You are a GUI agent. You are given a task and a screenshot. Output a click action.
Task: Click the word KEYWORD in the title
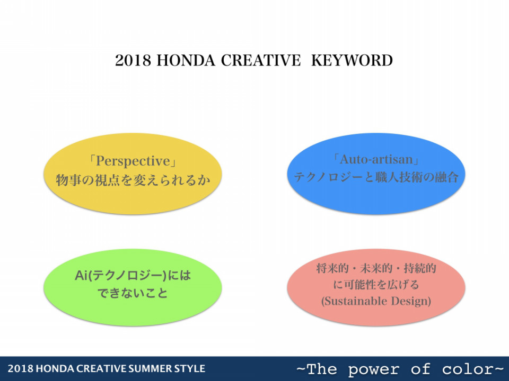point(352,60)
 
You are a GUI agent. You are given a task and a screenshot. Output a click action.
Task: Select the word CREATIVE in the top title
point(261,60)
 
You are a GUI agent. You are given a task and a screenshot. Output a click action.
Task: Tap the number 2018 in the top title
point(133,60)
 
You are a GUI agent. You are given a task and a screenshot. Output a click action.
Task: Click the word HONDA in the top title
point(186,60)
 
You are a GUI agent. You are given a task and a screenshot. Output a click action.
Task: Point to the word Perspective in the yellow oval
point(133,161)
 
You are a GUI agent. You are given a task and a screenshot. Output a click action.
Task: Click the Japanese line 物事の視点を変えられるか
point(133,180)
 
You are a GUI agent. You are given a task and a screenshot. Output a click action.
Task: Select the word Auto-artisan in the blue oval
point(376,159)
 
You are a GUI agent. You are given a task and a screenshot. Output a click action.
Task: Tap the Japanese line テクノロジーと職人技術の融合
point(376,177)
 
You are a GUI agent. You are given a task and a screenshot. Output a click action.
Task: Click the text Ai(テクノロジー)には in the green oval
point(133,276)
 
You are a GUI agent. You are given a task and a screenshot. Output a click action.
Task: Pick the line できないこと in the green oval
point(133,293)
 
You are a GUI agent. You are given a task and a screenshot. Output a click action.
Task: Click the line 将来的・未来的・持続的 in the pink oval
point(376,269)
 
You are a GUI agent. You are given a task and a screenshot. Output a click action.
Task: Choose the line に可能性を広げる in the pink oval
point(376,285)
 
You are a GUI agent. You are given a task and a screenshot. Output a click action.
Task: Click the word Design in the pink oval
point(410,301)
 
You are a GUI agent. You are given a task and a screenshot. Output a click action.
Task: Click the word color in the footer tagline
point(468,369)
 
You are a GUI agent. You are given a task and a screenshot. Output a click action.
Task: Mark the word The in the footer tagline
point(322,369)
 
